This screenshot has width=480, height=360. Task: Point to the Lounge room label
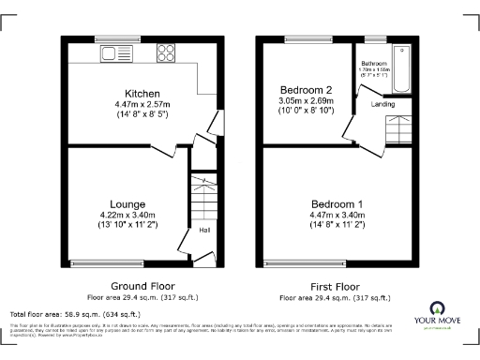point(127,203)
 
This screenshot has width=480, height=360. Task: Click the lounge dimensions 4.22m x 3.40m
point(127,215)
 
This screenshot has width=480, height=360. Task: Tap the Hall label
point(203,229)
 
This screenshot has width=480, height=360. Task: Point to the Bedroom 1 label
point(336,203)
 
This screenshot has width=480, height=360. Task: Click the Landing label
point(383,104)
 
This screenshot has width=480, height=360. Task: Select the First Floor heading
point(336,286)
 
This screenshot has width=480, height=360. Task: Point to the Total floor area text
point(75,314)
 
